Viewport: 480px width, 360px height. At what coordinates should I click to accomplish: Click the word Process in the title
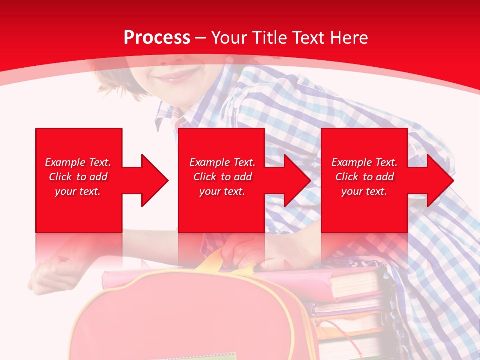click(157, 38)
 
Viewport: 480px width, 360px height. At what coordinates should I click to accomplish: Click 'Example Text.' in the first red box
click(78, 162)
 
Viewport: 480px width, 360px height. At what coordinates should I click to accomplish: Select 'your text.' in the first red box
click(78, 191)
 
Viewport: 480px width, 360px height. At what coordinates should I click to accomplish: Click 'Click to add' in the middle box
click(222, 177)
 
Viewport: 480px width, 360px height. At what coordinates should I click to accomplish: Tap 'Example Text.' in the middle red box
click(222, 162)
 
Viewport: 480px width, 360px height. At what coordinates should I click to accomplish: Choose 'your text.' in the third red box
click(364, 191)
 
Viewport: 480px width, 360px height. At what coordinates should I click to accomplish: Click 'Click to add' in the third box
click(364, 177)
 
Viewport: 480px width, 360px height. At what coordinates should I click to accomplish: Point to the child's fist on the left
click(52, 272)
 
